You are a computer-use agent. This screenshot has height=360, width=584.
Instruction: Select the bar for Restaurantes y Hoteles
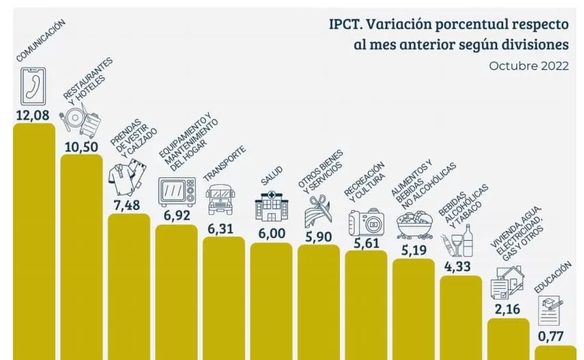(81, 257)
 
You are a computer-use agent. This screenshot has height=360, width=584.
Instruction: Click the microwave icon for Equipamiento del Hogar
(176, 192)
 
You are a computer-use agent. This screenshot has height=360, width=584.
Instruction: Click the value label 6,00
(271, 233)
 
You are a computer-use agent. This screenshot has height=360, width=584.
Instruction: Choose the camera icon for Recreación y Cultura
(366, 222)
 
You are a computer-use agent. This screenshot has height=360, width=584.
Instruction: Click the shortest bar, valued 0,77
(555, 352)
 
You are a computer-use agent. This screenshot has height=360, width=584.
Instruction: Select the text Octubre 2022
(529, 66)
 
